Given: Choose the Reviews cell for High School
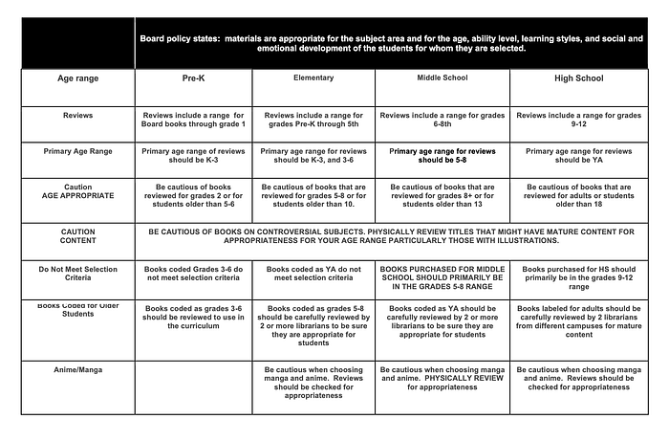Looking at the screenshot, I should tap(577, 119).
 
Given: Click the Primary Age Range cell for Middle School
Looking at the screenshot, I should tap(442, 156).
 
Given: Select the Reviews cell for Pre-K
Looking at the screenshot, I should tap(195, 119).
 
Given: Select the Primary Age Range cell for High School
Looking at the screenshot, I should tap(577, 156).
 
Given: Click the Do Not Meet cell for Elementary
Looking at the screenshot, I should tap(315, 276).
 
